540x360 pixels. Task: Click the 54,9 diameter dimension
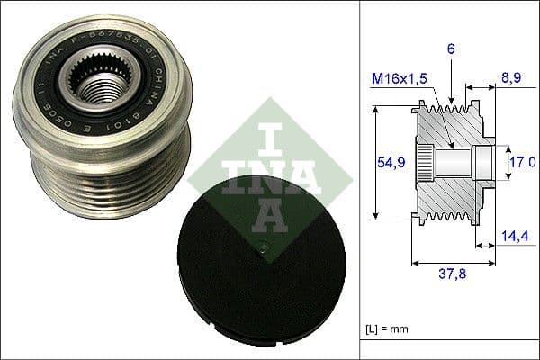click(x=388, y=162)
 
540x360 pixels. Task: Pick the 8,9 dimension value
click(x=511, y=79)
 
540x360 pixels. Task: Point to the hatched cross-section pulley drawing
click(x=450, y=162)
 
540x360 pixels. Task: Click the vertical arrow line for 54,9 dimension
click(x=372, y=162)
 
